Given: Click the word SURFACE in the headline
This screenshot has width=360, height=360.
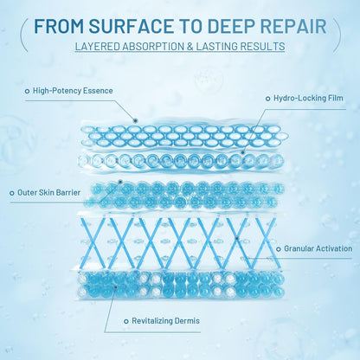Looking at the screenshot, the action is click(131, 26).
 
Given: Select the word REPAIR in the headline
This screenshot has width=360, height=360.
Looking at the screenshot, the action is click(294, 26).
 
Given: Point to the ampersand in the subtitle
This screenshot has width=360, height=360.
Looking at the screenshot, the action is click(190, 46).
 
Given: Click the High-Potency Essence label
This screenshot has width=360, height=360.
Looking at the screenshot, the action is click(73, 91).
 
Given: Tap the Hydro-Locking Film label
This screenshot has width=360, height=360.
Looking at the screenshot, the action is click(308, 98).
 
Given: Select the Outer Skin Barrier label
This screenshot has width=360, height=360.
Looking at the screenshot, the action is click(48, 192).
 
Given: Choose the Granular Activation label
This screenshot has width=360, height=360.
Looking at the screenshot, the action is click(318, 248).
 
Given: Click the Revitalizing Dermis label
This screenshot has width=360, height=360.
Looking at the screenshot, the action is click(165, 321).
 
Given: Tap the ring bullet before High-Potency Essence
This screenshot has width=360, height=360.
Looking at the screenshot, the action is click(27, 91).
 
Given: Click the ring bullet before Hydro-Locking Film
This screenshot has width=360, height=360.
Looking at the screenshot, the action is click(268, 99).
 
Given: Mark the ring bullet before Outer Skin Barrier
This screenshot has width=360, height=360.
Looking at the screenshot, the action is click(12, 193).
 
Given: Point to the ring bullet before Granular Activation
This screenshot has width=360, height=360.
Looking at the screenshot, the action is click(279, 249).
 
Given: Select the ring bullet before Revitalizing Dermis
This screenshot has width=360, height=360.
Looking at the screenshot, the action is click(126, 321).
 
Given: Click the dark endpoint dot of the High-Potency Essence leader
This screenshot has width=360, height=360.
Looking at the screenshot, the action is click(135, 120).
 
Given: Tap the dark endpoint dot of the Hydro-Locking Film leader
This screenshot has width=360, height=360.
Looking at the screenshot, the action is click(243, 152).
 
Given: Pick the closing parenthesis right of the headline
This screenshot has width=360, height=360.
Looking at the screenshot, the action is click(337, 35).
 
